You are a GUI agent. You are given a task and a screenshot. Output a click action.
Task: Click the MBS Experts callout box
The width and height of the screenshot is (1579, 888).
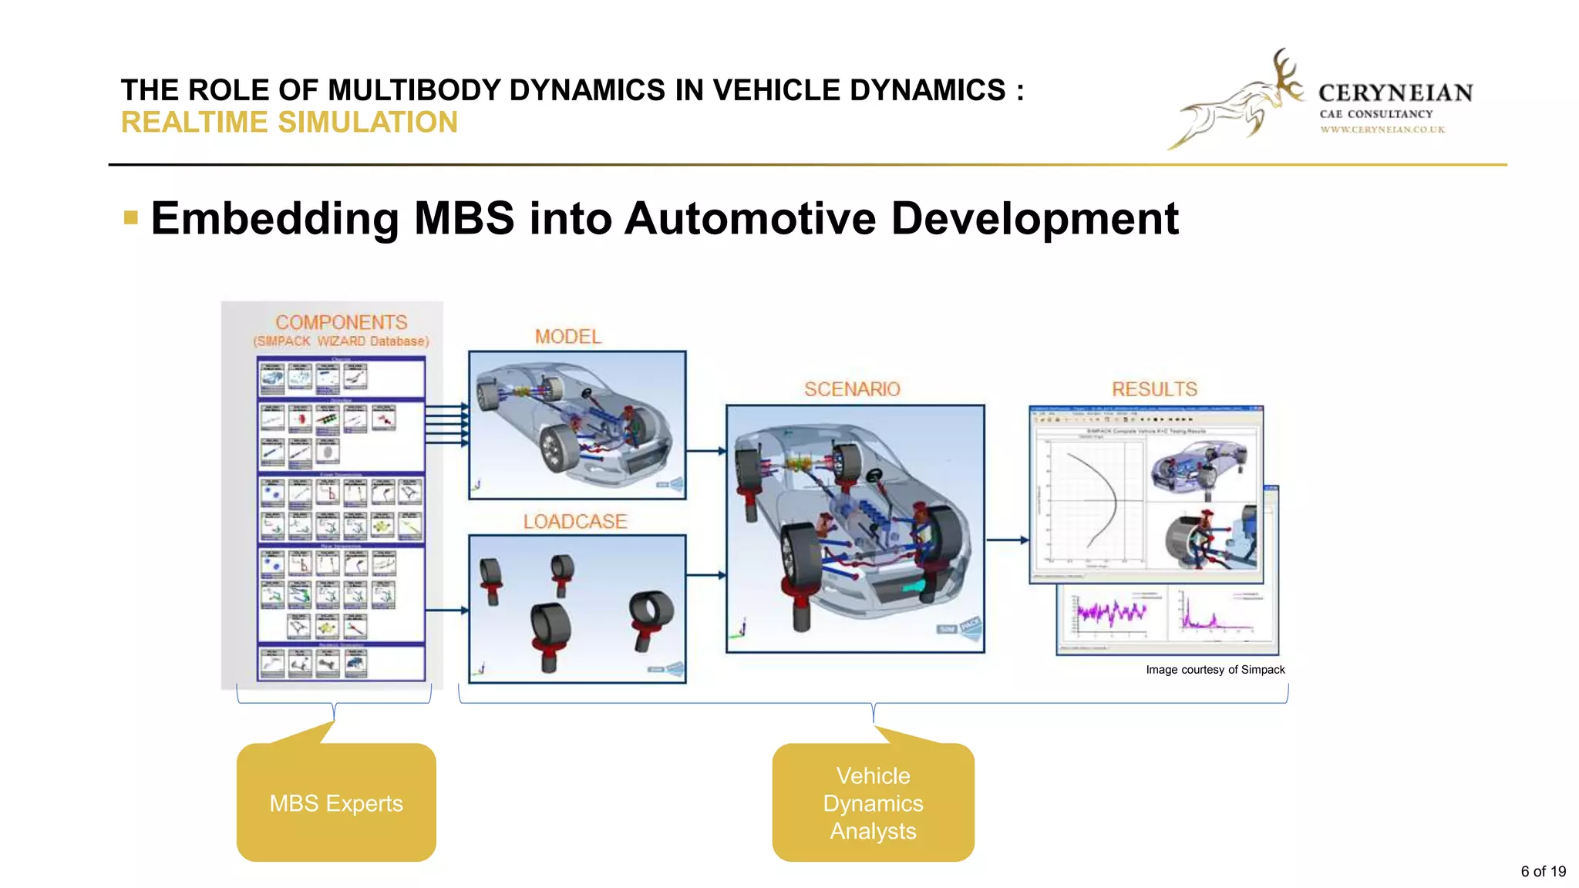coord(336,802)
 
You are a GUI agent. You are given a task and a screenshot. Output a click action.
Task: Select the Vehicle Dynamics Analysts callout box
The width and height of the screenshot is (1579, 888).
coord(873,802)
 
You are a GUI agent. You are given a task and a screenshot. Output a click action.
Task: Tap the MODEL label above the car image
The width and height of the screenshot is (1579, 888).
coord(568,337)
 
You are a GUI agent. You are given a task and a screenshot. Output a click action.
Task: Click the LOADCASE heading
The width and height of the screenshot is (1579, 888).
coord(574,522)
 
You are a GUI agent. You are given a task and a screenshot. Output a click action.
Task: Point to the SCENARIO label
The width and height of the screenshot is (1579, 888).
coord(852,389)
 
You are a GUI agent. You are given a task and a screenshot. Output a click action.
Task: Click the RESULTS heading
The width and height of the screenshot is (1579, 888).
coord(1154,389)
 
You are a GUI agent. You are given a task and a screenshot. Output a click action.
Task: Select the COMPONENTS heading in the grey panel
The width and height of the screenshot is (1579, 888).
coord(341,322)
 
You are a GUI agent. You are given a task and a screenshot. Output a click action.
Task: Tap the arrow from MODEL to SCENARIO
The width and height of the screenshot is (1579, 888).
coord(705,451)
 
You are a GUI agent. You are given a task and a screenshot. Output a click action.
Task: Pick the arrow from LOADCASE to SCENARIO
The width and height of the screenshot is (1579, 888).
coord(705,575)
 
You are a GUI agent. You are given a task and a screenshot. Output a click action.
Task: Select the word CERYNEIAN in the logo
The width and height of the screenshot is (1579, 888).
coord(1396,93)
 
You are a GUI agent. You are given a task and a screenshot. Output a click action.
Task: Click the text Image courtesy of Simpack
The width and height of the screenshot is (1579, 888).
coord(1215,670)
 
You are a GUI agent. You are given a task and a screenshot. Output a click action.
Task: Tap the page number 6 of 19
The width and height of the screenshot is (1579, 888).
coord(1543,871)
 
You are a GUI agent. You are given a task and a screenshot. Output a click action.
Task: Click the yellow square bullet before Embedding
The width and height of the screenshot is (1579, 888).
coord(131,218)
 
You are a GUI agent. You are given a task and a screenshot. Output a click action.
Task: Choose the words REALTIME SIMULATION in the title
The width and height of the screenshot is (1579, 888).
coord(289,123)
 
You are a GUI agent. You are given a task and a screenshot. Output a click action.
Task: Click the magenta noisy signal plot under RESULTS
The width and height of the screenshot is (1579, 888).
coord(1110,613)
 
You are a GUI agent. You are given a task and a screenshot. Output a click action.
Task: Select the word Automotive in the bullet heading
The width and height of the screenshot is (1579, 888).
coord(749,218)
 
